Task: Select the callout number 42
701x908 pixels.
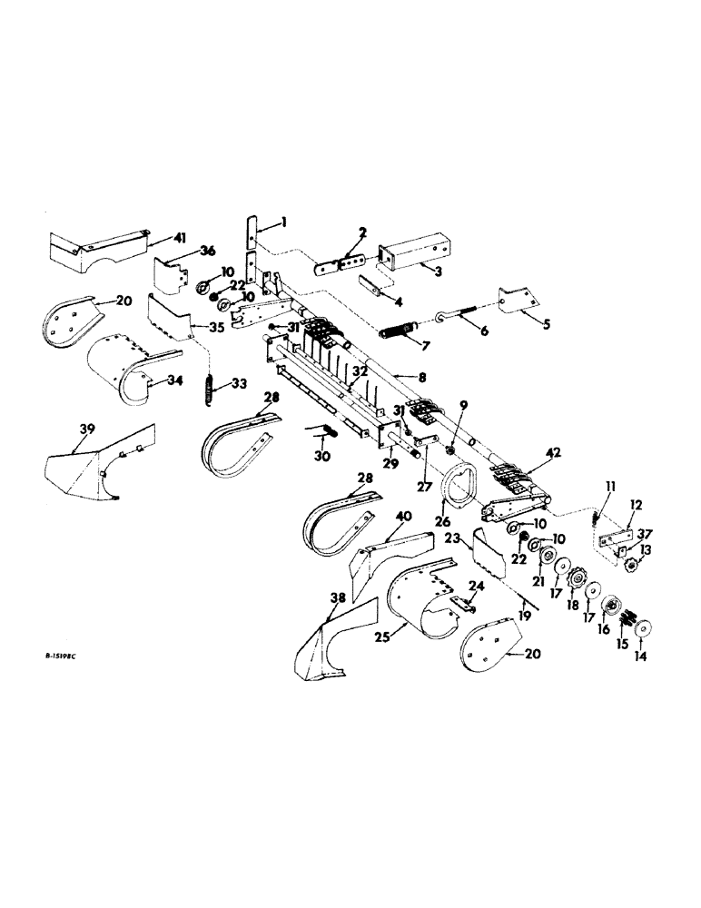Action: coord(553,451)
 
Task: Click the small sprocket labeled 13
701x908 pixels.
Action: coord(632,567)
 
